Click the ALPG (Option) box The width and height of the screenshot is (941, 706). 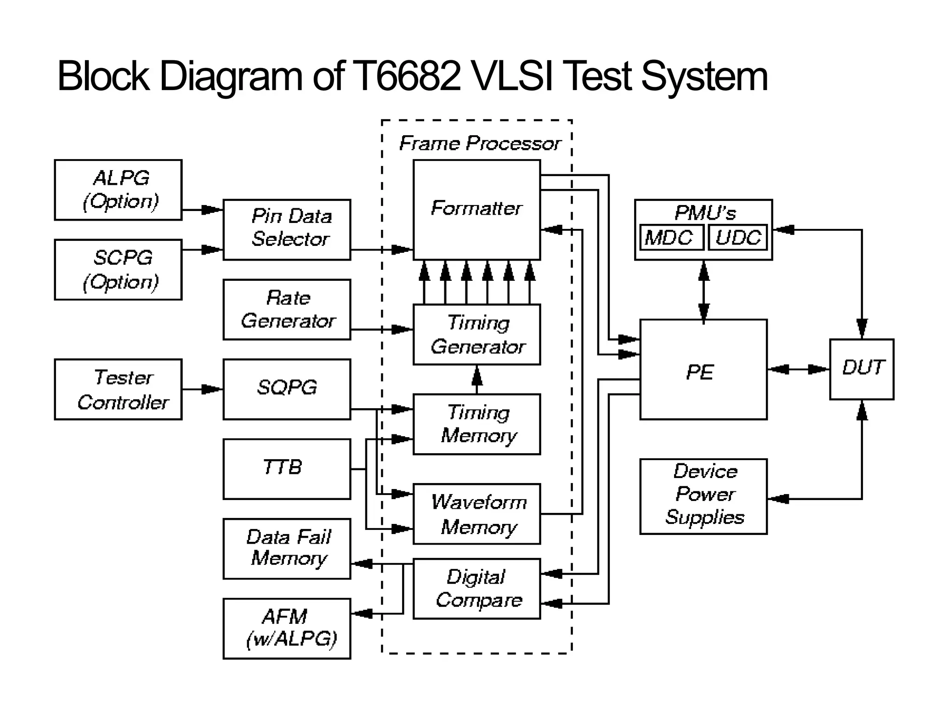coord(118,190)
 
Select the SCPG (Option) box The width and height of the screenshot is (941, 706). coord(118,269)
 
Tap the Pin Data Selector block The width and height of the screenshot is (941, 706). coord(287,229)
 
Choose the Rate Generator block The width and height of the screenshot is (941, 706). coord(287,309)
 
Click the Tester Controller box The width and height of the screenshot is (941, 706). coord(118,389)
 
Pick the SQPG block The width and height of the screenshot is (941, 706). coord(287,389)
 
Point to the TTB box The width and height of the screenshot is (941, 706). coord(287,469)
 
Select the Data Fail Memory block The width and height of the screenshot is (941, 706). coord(287,548)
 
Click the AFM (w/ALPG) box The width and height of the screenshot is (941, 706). coord(287,628)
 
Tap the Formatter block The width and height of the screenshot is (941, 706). coord(476,209)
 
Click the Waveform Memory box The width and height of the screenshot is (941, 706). coord(476,514)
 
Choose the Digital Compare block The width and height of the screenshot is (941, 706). coord(476,589)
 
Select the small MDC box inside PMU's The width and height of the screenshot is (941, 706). coord(671,238)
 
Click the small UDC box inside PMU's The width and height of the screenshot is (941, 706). coord(737,238)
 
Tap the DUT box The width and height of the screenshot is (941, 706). coord(862,369)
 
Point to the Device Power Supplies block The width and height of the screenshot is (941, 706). coord(703,496)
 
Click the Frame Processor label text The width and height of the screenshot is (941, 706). coord(480,143)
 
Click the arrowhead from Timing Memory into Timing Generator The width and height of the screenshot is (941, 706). coord(477,376)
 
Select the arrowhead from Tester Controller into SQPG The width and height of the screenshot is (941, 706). coord(211,389)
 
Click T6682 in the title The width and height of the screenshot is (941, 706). coord(408,76)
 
